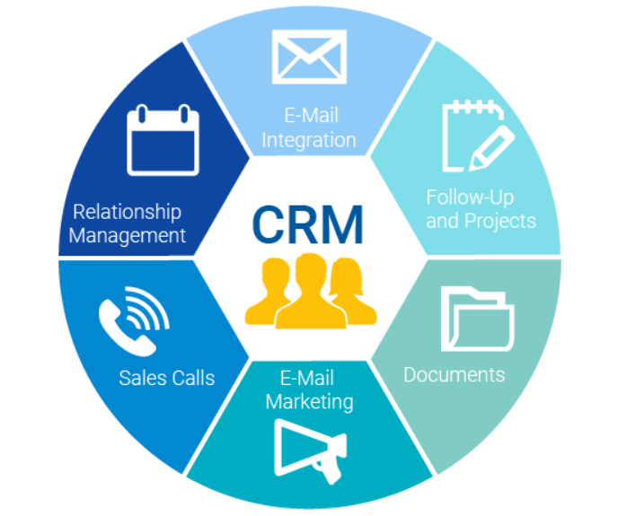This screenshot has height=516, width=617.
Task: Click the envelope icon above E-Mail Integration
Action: (x=309, y=57)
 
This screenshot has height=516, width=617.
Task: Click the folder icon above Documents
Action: (x=477, y=319)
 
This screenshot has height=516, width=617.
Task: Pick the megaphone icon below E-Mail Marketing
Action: (x=311, y=451)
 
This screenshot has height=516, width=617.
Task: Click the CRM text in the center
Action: (x=307, y=225)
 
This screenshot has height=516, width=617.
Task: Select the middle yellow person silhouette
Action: (x=311, y=291)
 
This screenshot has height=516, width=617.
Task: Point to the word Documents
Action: (x=454, y=375)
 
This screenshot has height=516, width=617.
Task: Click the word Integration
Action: (x=309, y=140)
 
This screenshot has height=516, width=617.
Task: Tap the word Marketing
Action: (x=309, y=402)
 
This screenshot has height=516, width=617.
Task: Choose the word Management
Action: (x=128, y=236)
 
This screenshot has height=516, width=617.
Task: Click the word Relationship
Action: (x=128, y=213)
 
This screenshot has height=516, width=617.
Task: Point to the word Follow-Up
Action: (x=470, y=197)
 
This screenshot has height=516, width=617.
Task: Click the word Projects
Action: (x=500, y=222)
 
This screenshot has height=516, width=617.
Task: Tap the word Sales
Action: (x=143, y=378)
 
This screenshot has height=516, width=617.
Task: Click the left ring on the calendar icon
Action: (x=142, y=114)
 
